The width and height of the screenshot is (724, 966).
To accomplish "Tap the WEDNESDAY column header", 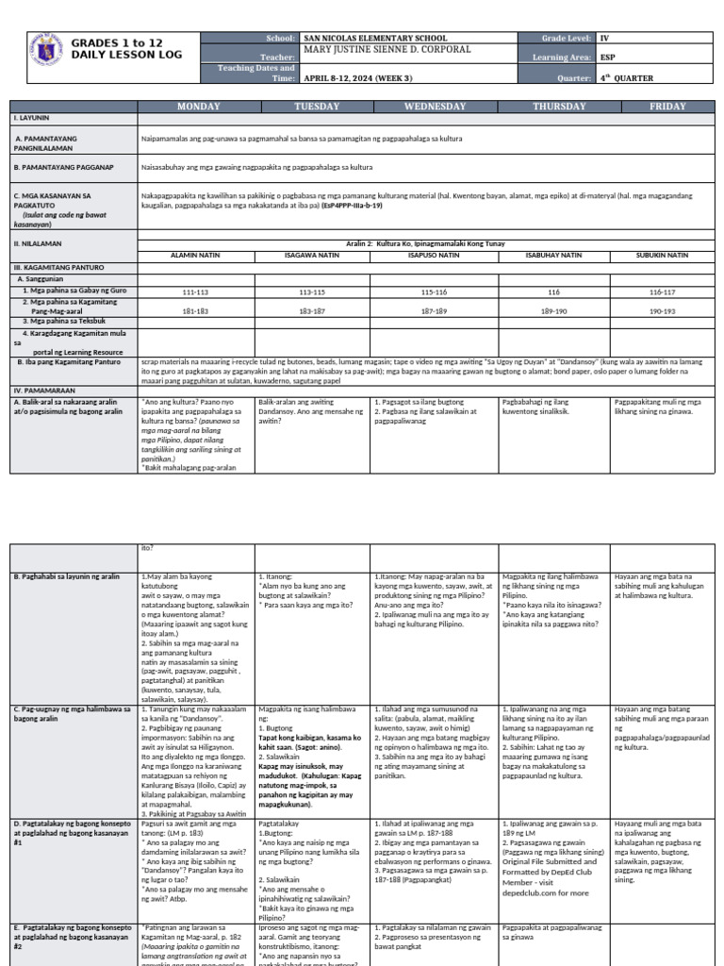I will pyautogui.click(x=435, y=107).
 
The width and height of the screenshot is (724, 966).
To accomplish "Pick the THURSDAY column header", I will pyautogui.click(x=559, y=107).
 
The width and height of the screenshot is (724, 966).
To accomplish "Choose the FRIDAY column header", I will pyautogui.click(x=667, y=107).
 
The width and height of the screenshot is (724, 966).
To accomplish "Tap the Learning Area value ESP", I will pyautogui.click(x=608, y=58).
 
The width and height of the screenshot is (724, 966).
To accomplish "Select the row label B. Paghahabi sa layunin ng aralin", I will pyautogui.click(x=66, y=575).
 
